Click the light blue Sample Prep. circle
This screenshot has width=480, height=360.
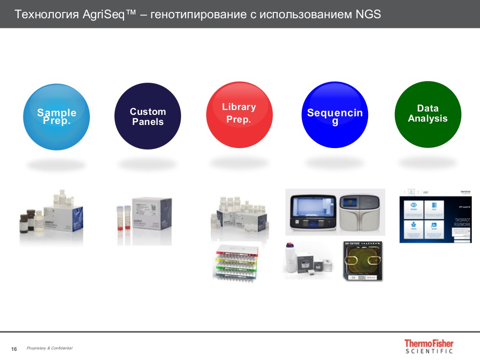[x=56, y=117]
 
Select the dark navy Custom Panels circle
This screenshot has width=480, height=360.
[x=148, y=117]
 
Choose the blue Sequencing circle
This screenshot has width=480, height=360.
[x=335, y=115]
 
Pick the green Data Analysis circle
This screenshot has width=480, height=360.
[x=428, y=114]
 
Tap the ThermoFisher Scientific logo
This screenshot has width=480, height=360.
[x=429, y=346]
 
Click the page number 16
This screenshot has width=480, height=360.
[x=14, y=348]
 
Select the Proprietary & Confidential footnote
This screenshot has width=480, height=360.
[x=49, y=348]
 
